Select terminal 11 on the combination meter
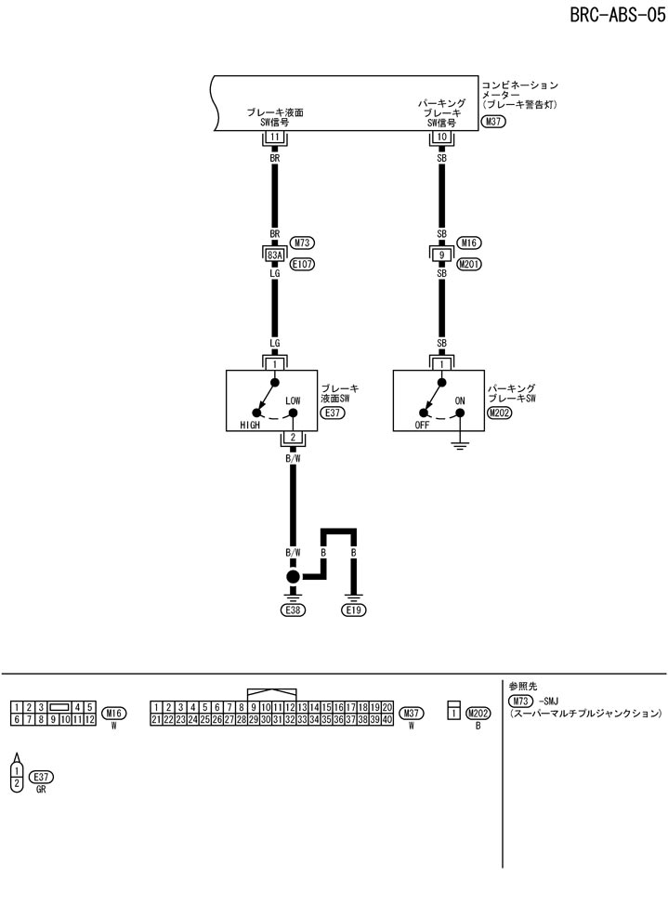tap(274, 138)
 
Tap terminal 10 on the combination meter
tap(441, 138)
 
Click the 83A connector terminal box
tap(274, 253)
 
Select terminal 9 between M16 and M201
tap(441, 253)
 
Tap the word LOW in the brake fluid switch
tap(294, 400)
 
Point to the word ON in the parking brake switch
tap(459, 400)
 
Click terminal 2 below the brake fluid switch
tap(293, 436)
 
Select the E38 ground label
tap(293, 610)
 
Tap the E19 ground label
tap(354, 610)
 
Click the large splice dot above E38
tap(293, 577)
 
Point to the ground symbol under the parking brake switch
tap(460, 448)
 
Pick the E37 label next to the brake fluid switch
tap(332, 412)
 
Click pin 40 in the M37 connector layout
tap(386, 719)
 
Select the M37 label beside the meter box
tap(493, 122)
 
